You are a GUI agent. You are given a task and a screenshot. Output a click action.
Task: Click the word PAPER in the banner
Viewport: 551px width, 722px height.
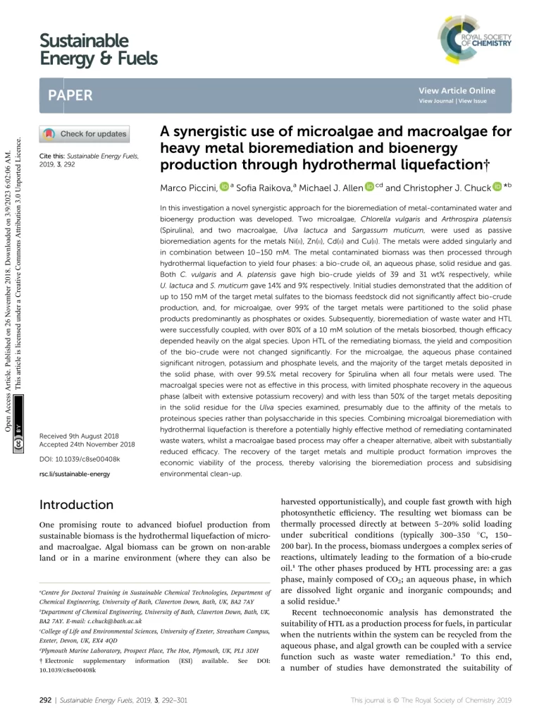(70, 95)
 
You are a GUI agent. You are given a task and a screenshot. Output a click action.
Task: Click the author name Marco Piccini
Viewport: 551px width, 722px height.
(189, 188)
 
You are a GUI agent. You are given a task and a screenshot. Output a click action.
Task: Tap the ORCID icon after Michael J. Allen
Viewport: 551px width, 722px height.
(369, 188)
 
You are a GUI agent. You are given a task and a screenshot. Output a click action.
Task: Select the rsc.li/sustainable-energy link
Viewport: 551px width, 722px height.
(75, 474)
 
